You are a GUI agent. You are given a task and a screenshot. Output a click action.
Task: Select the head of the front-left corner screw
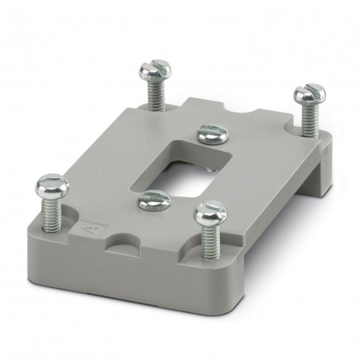coord(53,187)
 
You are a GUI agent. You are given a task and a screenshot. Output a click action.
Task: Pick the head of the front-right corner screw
coord(211,211)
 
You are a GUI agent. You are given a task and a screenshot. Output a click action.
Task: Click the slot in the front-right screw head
coord(211,210)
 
